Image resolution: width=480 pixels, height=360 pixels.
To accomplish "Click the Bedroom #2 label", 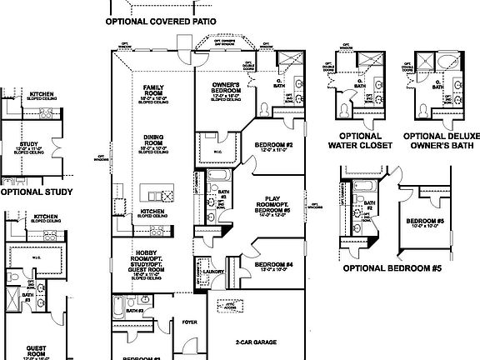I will click(x=272, y=146).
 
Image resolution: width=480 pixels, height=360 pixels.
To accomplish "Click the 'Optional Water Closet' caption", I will click(x=361, y=141).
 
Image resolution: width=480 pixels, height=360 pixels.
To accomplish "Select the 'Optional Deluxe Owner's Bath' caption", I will click(x=436, y=141).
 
